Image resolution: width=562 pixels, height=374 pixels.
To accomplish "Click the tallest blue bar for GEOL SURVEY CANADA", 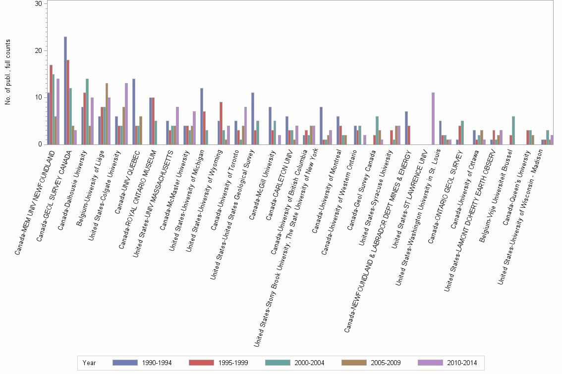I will (65, 91).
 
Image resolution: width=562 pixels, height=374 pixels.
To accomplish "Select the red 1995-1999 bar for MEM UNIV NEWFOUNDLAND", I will (51, 104).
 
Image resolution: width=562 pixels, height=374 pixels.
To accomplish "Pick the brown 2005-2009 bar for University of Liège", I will (107, 114).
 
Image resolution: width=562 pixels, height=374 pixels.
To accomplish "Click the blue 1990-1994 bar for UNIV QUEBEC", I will (134, 111).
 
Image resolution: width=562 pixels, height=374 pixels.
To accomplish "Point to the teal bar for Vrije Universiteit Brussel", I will (513, 130).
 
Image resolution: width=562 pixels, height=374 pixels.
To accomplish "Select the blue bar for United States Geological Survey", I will (253, 118).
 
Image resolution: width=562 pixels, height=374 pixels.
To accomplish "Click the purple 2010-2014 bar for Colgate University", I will (126, 114).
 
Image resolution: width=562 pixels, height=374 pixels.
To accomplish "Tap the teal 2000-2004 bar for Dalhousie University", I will (87, 111).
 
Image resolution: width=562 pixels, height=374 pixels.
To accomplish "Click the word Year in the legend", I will (89, 363).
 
